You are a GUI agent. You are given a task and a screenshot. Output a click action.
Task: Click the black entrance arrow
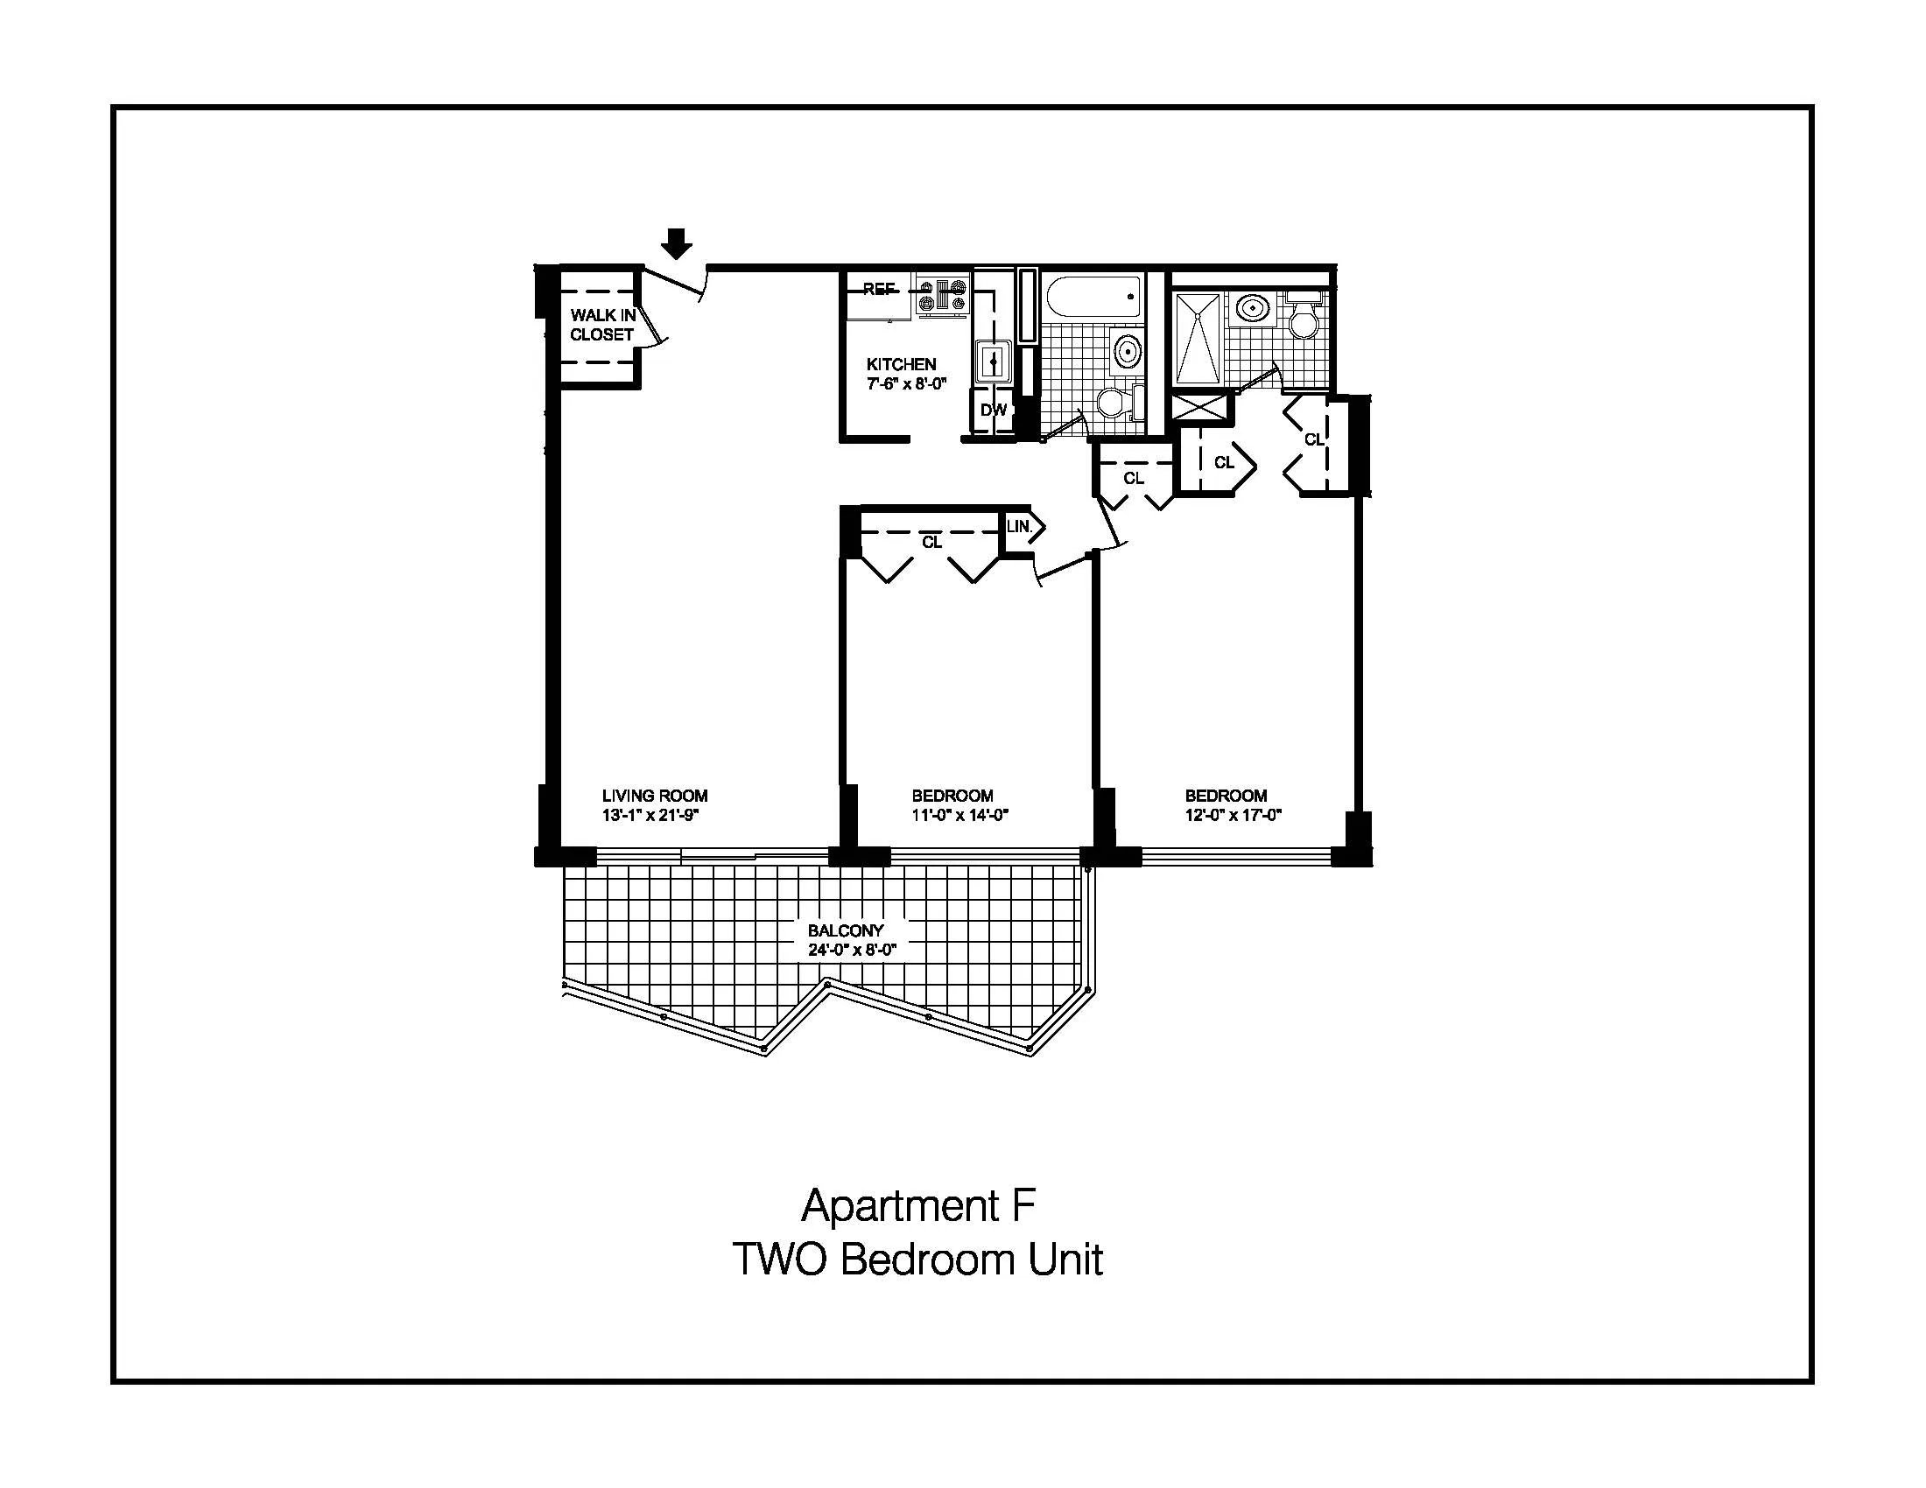click(677, 243)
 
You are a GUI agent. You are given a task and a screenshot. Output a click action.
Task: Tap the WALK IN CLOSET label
click(602, 325)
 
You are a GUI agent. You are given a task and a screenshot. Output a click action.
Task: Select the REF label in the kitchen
click(878, 289)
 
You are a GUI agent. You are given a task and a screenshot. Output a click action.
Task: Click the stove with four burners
click(943, 294)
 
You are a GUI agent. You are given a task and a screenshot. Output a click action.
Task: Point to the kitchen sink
click(993, 361)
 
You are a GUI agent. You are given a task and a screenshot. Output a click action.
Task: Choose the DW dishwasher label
click(993, 410)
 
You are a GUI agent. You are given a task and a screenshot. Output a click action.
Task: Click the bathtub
click(1092, 297)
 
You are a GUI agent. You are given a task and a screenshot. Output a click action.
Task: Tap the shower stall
click(1198, 340)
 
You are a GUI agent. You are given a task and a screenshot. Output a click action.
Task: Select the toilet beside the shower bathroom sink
click(1304, 319)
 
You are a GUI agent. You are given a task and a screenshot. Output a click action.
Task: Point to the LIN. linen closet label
click(1019, 526)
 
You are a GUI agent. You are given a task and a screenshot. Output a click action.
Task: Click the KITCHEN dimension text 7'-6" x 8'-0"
click(906, 384)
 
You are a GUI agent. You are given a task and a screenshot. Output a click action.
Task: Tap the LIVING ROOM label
click(654, 796)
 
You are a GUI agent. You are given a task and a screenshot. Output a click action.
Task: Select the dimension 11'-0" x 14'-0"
click(959, 816)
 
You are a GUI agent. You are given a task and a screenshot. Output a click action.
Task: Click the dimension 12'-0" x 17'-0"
click(1233, 816)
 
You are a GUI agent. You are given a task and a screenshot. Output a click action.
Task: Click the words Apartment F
click(917, 1206)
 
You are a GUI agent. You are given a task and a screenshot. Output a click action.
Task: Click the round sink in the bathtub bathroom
click(1126, 351)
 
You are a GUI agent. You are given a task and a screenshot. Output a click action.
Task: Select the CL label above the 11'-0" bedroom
click(931, 542)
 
